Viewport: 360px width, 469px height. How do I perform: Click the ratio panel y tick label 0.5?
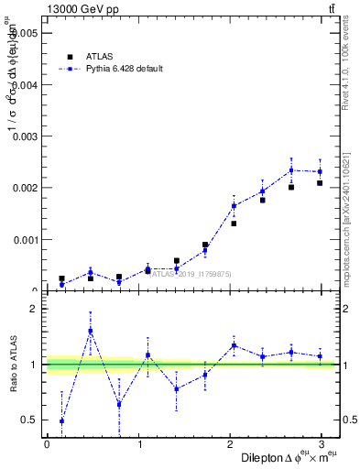click(x=31, y=420)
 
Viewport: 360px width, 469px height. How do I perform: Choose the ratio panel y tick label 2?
click(x=35, y=309)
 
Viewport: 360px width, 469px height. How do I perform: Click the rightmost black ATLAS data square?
click(x=320, y=183)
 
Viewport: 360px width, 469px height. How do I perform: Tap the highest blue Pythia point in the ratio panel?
click(x=91, y=331)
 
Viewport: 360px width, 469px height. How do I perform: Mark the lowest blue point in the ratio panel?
click(x=61, y=421)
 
